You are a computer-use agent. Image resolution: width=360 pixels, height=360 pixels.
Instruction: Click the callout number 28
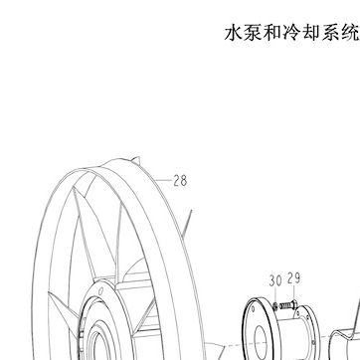[x=180, y=181]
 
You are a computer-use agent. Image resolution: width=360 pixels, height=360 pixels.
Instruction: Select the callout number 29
[x=293, y=278]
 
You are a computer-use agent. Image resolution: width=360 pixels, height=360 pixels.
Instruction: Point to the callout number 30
[x=275, y=280]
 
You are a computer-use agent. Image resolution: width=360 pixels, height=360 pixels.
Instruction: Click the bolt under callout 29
[x=288, y=305]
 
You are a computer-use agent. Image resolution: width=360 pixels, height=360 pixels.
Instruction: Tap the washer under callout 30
[x=274, y=306]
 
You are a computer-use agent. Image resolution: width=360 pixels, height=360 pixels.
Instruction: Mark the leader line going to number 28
[x=163, y=180]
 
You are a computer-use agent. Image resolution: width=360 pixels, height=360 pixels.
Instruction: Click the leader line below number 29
[x=293, y=292]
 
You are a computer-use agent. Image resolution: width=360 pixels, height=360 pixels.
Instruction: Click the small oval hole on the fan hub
[x=101, y=291]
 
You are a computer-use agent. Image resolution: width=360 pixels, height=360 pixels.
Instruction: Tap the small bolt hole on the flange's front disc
[x=254, y=309]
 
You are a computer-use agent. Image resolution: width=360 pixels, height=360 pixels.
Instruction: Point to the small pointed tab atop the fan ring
[x=136, y=160]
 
